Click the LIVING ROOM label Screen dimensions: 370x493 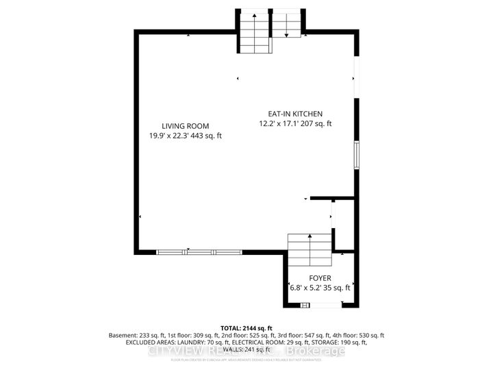tap(185, 125)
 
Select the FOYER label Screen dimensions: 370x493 tap(319, 278)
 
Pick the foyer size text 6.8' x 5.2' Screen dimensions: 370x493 tap(306, 288)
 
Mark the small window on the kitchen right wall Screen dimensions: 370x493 tap(355, 155)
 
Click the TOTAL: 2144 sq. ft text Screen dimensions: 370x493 tap(246, 328)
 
